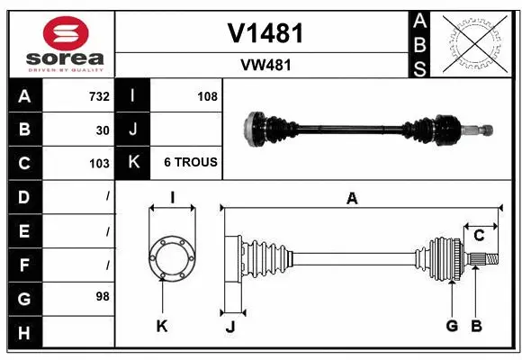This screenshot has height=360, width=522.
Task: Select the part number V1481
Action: [264, 33]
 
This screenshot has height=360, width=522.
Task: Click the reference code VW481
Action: [264, 65]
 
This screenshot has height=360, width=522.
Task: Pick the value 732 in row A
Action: [99, 96]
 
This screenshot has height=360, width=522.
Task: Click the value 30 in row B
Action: [103, 130]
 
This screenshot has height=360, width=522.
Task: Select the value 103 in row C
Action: [99, 163]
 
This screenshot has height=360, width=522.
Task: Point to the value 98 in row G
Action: [103, 295]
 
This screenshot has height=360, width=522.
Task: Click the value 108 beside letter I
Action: [206, 96]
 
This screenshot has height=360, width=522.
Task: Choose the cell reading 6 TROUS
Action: [190, 163]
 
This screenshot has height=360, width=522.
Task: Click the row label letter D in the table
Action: [24, 196]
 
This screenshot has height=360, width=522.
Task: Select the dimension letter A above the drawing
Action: [352, 199]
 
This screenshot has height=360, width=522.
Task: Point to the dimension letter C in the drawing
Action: [479, 236]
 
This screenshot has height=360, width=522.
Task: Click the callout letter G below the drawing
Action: [452, 326]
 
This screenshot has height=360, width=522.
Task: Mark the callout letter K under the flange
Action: [162, 326]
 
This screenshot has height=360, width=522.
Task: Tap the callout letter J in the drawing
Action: [229, 327]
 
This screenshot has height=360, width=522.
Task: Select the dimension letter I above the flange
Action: [171, 198]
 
